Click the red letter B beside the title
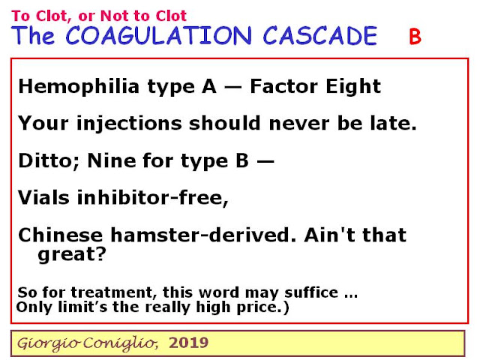pos(415,37)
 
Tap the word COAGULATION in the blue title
pos(158,35)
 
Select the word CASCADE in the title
pos(320,35)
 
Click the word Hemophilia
pos(79,87)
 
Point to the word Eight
pos(353,87)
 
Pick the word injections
pos(129,124)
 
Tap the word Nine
pos(112,160)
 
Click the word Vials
pos(43,197)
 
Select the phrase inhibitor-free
pos(153,198)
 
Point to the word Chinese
pos(61,235)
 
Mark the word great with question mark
pos(72,255)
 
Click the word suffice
pos(311,292)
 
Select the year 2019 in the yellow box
pos(188,343)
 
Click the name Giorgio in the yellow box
pos(49,343)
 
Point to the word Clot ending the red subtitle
pos(171,16)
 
